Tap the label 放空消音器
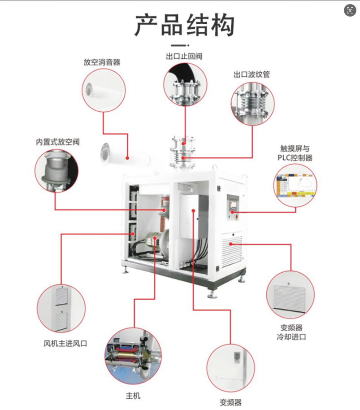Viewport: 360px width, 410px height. tap(102, 62)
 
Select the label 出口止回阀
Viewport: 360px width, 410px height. tap(184, 57)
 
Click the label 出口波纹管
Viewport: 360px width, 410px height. tap(252, 74)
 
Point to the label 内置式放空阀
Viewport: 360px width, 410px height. tap(58, 142)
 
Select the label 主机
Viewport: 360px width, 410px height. tap(133, 396)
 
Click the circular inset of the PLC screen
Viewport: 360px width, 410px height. tap(295, 185)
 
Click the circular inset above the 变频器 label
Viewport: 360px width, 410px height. tap(230, 367)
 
